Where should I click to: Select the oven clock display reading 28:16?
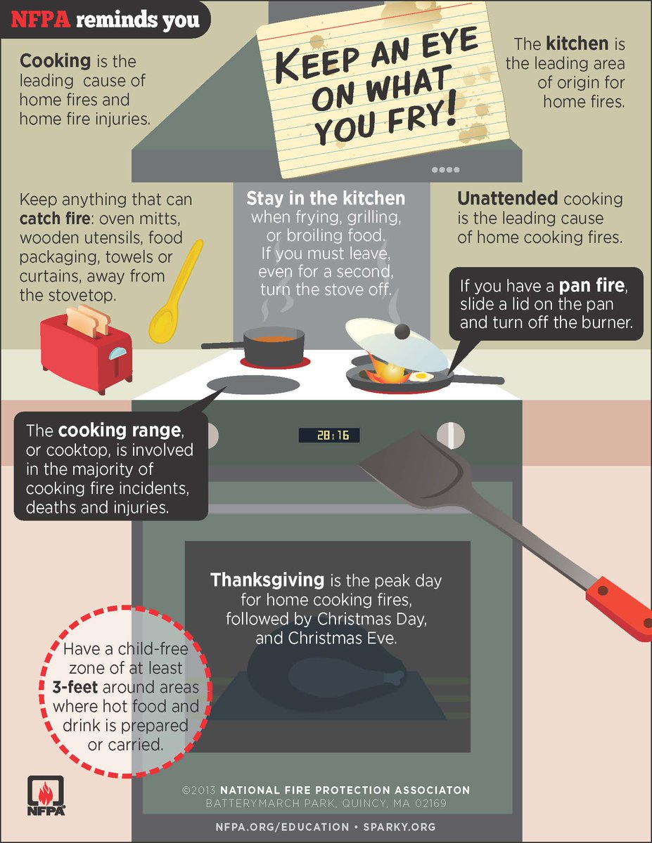(328, 436)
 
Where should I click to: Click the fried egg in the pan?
(421, 377)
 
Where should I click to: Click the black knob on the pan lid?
(402, 330)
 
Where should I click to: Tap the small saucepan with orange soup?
(274, 344)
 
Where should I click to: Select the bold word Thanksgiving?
(267, 581)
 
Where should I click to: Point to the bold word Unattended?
(507, 199)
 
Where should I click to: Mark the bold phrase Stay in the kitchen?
(326, 199)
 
